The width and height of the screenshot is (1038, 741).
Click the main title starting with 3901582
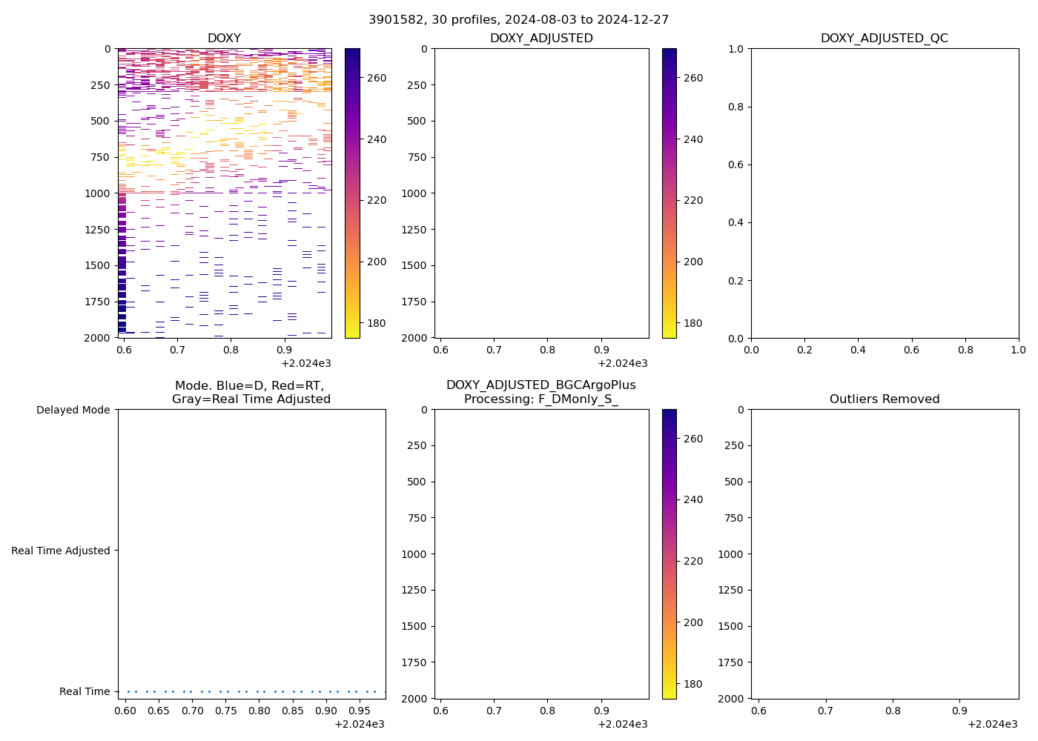[518, 20]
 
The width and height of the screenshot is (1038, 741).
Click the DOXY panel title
[224, 39]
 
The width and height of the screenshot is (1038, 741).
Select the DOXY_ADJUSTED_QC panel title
[884, 39]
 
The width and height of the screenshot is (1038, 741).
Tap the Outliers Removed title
[884, 399]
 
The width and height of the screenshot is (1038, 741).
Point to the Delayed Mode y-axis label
[73, 410]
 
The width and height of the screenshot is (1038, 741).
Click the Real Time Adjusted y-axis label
[61, 551]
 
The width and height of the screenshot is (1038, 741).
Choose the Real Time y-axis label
[85, 691]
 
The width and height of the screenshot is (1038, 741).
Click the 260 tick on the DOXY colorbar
[376, 78]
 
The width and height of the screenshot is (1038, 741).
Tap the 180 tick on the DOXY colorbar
[376, 323]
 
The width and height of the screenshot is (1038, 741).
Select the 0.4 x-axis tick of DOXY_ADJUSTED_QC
[858, 350]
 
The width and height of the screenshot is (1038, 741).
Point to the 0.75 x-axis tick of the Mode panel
[226, 711]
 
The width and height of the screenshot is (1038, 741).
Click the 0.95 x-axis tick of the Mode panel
[360, 711]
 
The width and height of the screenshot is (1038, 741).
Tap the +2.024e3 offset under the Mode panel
[359, 724]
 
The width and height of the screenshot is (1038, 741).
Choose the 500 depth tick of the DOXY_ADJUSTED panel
[417, 122]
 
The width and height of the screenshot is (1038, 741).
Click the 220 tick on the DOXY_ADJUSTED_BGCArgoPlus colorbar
[692, 561]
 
